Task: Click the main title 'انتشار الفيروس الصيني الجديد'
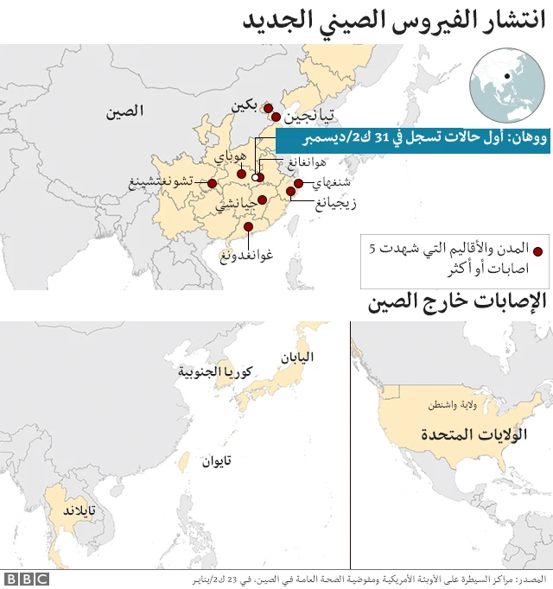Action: click(393, 22)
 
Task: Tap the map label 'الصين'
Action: click(125, 111)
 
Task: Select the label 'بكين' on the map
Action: click(245, 106)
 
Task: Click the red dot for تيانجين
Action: click(276, 117)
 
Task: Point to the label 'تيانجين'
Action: click(308, 117)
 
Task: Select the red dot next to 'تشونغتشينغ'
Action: click(212, 182)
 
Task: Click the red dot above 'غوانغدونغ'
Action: click(249, 227)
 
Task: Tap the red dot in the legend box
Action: click(536, 250)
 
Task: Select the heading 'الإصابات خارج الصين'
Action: click(458, 302)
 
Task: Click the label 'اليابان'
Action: click(296, 356)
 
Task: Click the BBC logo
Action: click(26, 579)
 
